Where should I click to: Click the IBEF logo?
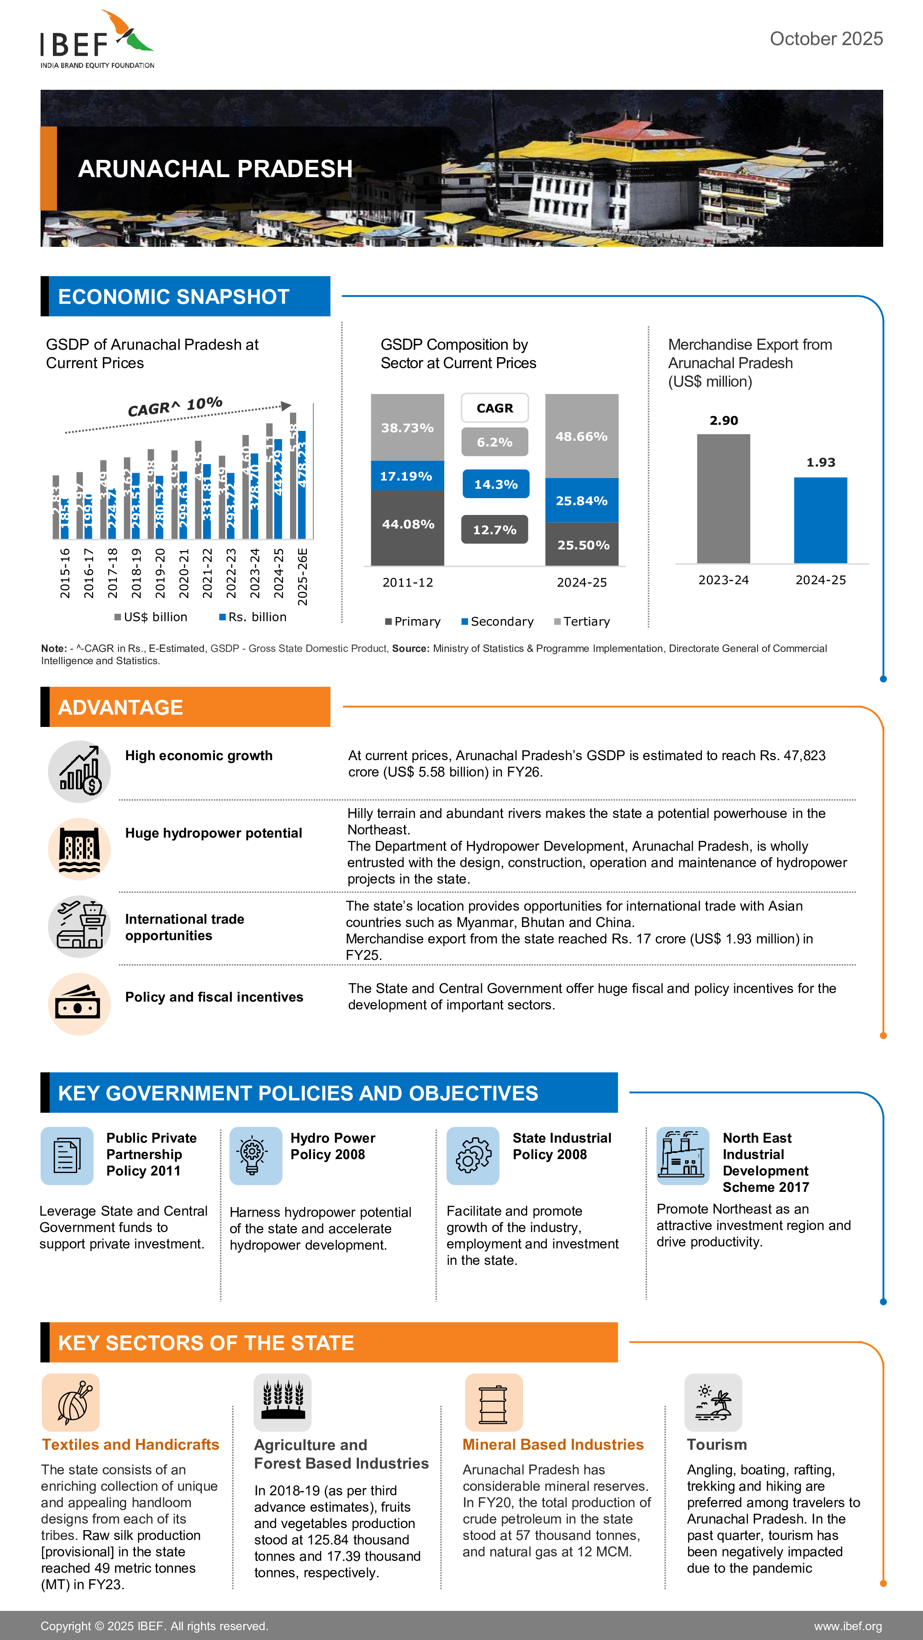97,39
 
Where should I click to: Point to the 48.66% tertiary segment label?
581,437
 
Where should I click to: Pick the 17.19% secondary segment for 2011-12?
407,476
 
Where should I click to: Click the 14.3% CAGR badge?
495,485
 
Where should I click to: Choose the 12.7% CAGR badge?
494,530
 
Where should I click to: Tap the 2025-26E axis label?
303,576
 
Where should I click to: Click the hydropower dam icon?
80,849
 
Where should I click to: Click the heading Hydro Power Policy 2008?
333,1146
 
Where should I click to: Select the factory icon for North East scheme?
682,1155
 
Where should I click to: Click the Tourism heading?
717,1444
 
